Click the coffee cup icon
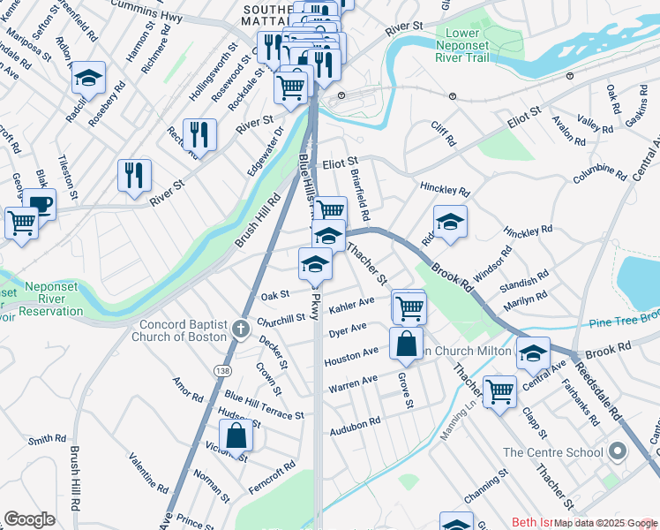(40, 205)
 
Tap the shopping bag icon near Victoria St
(236, 435)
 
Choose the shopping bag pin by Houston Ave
(406, 344)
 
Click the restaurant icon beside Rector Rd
(199, 134)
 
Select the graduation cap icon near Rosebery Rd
(88, 78)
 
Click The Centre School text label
(552, 452)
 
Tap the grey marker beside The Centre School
(617, 451)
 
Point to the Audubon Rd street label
(355, 421)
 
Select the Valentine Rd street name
(147, 473)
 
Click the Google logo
(29, 519)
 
